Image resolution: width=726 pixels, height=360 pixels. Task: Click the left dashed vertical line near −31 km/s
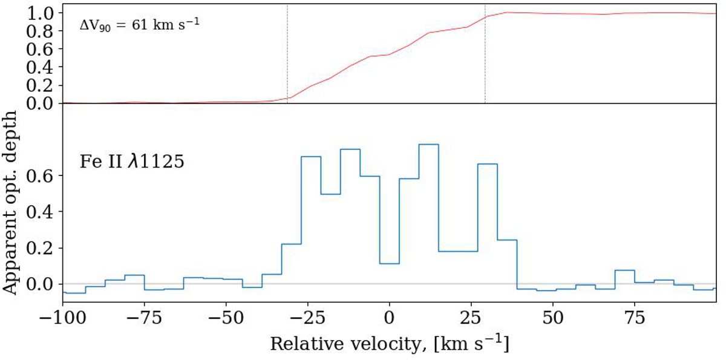[287, 54]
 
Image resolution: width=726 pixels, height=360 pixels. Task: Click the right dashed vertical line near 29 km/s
[485, 54]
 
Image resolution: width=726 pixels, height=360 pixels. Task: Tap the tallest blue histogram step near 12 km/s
[428, 145]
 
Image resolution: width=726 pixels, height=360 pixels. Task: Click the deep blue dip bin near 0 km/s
[390, 263]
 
